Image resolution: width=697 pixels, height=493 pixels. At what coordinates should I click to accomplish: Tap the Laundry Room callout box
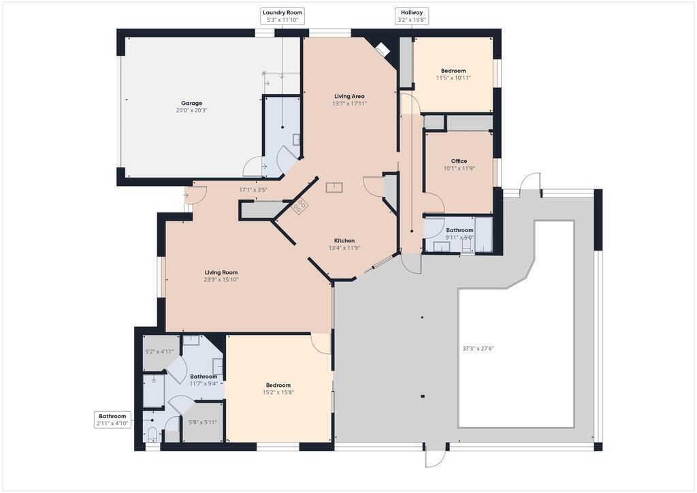(282, 16)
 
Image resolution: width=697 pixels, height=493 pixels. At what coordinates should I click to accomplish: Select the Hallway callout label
(412, 16)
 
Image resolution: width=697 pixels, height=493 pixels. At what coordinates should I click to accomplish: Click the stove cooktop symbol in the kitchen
(299, 206)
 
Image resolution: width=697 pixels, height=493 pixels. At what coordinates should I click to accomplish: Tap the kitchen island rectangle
(334, 187)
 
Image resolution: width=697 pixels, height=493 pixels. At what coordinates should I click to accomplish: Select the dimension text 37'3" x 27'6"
(479, 349)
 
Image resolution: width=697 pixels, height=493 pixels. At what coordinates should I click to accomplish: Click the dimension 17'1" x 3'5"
(253, 190)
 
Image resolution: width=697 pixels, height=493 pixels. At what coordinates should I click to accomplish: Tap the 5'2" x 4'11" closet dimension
(159, 351)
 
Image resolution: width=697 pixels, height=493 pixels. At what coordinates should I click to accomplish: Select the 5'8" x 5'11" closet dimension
(203, 422)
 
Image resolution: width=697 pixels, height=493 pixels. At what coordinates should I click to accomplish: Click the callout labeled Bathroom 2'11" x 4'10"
(112, 420)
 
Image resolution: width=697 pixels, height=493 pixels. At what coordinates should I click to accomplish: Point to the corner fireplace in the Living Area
(382, 49)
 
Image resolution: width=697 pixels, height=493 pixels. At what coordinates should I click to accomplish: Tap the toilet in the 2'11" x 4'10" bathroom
(152, 434)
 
